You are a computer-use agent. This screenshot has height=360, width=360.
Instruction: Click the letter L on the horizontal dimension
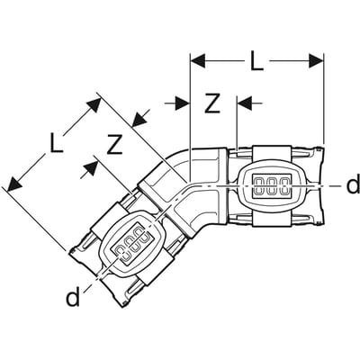[256, 62]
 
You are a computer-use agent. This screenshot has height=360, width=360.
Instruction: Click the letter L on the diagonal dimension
[55, 142]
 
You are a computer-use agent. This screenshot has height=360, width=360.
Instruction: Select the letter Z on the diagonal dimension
[114, 141]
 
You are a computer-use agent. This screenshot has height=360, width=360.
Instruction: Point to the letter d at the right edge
[352, 186]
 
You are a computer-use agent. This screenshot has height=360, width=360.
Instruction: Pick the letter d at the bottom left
[71, 296]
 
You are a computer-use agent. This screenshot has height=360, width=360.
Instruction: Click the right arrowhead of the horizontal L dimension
[317, 60]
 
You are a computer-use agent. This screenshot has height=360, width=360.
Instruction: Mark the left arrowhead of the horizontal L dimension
[197, 60]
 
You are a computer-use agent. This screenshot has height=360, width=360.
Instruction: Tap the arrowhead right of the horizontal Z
[244, 103]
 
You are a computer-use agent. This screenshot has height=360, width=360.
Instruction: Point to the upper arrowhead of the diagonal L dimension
[94, 103]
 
